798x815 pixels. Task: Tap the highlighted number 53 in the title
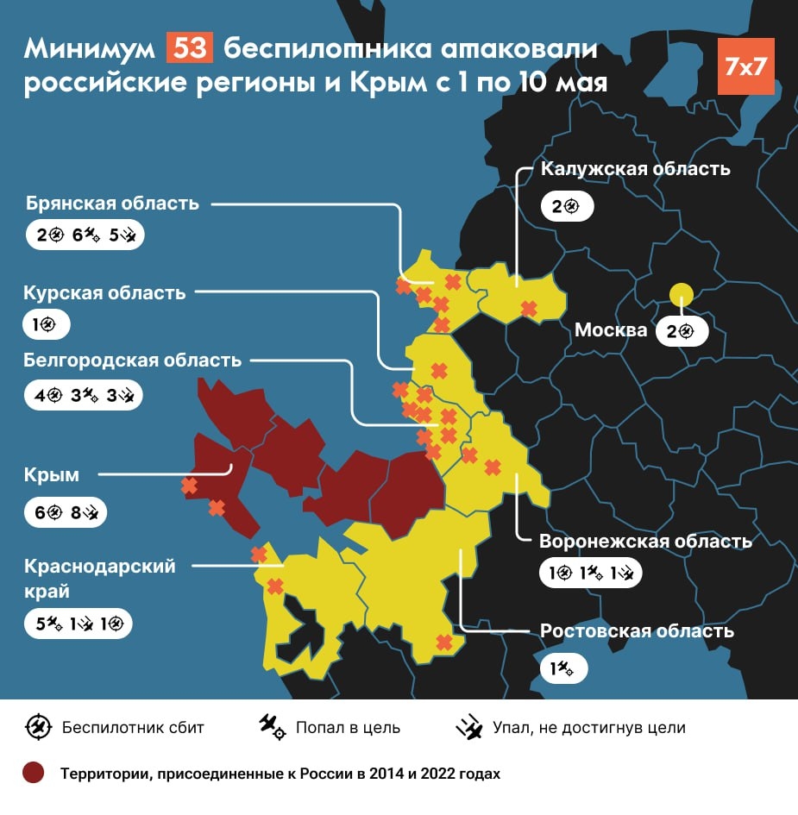coord(189,49)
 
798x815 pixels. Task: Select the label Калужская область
coord(635,169)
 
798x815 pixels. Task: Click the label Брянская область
coord(112,204)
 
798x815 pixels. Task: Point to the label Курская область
coord(105,292)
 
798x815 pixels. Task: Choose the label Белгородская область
coord(133,360)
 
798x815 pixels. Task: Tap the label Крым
coord(53,474)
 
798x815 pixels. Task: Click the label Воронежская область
coord(645,542)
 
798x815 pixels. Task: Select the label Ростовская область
coord(637,631)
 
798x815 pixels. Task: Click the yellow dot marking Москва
coord(682,295)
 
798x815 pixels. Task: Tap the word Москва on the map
coord(611,330)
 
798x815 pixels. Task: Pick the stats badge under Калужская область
coord(568,207)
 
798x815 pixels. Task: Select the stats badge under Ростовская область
coord(563,668)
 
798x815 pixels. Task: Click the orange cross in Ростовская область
coord(444,643)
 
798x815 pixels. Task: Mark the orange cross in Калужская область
coord(528,308)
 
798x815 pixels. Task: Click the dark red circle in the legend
coord(34,773)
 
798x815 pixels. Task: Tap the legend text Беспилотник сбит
coord(133,727)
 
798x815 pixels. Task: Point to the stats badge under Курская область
coord(46,326)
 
